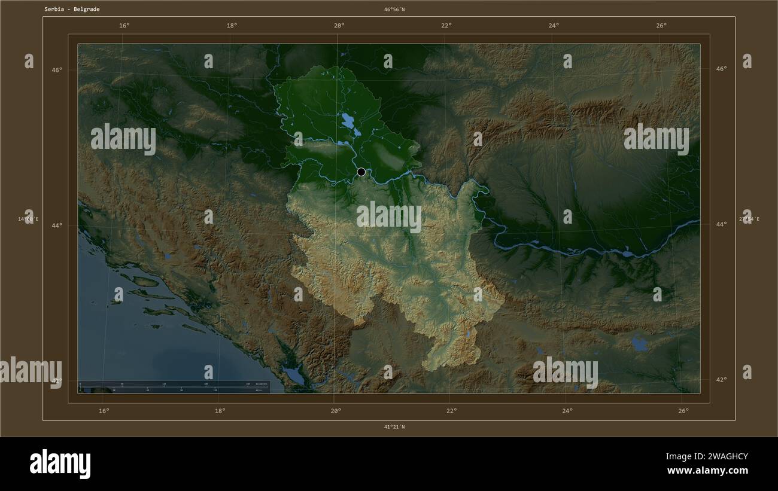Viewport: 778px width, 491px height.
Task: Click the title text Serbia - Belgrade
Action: [72, 10]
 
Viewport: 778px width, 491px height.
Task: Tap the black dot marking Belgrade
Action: [361, 172]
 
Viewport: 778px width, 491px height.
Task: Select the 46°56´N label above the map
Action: [394, 10]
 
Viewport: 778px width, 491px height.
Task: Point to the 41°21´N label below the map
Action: [394, 427]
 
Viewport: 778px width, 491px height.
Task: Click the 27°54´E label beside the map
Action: [749, 219]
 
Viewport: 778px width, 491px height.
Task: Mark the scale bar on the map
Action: [174, 386]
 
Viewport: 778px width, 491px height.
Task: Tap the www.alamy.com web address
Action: [707, 471]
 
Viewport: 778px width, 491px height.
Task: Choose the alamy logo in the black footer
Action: [60, 464]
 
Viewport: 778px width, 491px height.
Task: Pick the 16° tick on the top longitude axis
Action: [124, 26]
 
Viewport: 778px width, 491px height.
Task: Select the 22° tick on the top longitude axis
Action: [446, 26]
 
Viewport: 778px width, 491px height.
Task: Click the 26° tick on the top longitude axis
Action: [661, 26]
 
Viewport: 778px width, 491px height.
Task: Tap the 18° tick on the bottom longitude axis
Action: [220, 411]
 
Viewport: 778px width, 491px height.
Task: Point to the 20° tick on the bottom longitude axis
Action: [336, 411]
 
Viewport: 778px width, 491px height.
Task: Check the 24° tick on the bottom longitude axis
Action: [567, 411]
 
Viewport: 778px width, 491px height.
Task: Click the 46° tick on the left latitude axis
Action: [56, 70]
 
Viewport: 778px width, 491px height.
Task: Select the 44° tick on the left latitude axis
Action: [56, 225]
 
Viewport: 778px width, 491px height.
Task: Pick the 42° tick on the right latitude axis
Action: [721, 379]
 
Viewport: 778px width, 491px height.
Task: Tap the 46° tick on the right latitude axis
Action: [721, 69]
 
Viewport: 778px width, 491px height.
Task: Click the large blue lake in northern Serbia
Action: [348, 122]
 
